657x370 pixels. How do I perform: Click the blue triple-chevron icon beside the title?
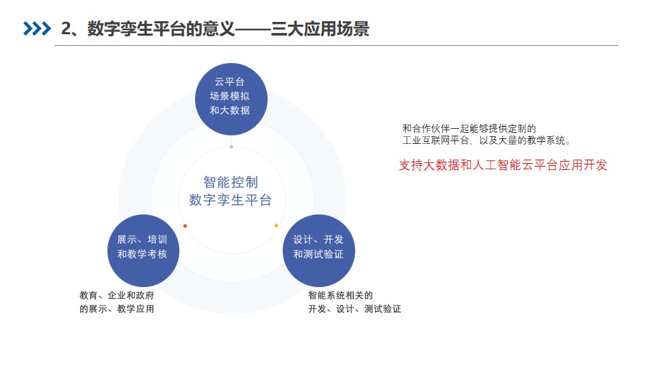coord(37,29)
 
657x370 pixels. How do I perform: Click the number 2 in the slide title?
coord(66,29)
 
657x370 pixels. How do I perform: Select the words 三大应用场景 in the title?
coord(320,29)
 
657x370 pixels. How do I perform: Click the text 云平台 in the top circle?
coord(230,82)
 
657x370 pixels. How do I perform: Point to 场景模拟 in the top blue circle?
coord(230,96)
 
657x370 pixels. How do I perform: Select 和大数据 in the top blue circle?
coord(230,110)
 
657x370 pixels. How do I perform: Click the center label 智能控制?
coord(231,182)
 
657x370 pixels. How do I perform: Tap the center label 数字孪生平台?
coord(231,199)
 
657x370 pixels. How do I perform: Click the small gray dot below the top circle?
coord(231,147)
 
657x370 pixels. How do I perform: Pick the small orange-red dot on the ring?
coord(185,225)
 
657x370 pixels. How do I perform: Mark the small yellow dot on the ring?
coord(276,225)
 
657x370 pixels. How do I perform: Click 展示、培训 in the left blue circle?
coord(142,240)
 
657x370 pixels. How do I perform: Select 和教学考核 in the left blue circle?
coord(142,254)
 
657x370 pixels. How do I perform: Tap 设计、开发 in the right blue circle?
coord(318,240)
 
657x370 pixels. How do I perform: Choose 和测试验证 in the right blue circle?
coord(318,254)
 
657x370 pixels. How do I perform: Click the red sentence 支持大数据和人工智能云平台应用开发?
coord(503,165)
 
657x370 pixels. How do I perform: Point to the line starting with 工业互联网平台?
coord(487,140)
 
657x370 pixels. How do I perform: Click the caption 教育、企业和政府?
coord(117,295)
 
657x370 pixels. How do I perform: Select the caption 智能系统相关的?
coord(341,295)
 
